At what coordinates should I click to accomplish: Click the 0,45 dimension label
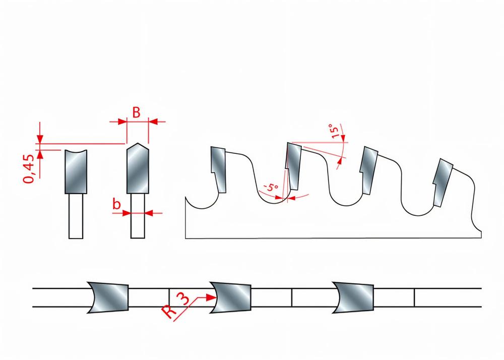point(28,169)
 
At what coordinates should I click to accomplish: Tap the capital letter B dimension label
point(136,112)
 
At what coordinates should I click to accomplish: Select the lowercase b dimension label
point(117,204)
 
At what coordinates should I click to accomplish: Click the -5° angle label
point(271,187)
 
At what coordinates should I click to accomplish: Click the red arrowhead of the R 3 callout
point(211,297)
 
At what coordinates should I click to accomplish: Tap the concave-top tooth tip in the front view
point(76,171)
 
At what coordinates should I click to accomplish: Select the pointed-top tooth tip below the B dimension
point(138,168)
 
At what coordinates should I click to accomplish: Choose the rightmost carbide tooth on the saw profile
point(443,182)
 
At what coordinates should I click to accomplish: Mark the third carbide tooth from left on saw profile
point(369,170)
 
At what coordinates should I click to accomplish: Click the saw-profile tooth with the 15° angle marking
point(294,166)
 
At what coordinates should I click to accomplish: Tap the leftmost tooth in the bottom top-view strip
point(108,297)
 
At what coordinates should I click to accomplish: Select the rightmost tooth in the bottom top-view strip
point(353,297)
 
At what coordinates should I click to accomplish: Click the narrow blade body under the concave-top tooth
point(76,216)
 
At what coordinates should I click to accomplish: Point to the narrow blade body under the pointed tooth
point(138,216)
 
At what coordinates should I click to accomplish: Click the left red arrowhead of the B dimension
point(122,122)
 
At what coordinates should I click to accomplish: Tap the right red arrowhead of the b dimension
point(149,213)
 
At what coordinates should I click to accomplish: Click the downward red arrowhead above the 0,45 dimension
point(40,139)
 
